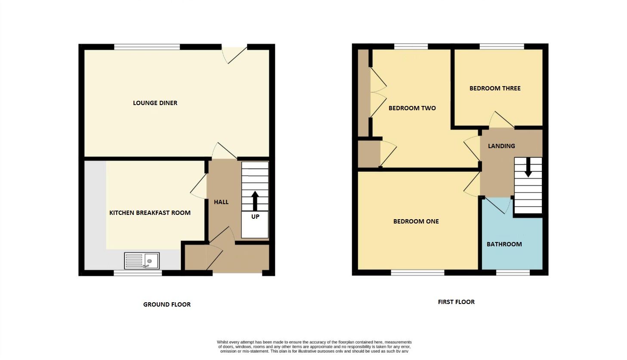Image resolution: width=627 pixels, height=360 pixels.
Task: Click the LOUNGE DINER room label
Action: pos(155,103)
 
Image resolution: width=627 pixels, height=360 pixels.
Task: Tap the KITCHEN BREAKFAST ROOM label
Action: pos(150,213)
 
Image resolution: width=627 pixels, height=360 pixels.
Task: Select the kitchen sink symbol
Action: pos(142,261)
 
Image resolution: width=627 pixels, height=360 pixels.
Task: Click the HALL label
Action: pos(221,202)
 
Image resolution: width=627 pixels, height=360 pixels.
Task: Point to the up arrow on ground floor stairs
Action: pos(255,201)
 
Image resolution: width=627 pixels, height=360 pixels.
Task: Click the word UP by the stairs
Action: pos(255,217)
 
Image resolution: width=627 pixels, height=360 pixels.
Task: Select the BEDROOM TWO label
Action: pos(412,108)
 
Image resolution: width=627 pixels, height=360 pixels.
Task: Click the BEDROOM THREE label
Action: pos(495,88)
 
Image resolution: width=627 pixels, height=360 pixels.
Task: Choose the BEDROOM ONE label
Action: pos(416,221)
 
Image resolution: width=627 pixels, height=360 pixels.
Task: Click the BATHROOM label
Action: pos(504,244)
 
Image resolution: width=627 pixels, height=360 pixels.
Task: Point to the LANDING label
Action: pos(501,146)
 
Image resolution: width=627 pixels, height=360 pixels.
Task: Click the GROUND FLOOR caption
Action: pos(167,304)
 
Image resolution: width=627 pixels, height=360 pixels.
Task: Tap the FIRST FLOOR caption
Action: pos(456,302)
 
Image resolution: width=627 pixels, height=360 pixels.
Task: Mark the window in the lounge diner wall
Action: pos(147,47)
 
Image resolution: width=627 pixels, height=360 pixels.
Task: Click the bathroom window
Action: pos(513,273)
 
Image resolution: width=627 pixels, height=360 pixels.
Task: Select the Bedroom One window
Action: pos(417,273)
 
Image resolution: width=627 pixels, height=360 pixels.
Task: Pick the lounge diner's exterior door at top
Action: pos(235,53)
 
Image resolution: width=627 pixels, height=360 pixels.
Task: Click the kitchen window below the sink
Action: pos(138,273)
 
